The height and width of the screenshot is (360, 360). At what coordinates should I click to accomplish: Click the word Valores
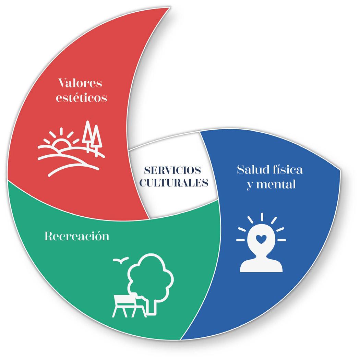[x=81, y=83]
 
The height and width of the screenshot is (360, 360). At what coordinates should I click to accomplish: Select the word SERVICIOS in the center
[x=172, y=170]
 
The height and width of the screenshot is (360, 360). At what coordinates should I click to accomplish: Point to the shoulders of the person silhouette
[x=261, y=265]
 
